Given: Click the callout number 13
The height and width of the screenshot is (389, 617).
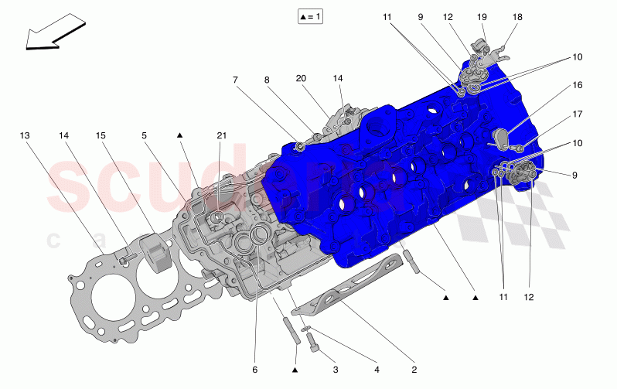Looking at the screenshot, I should point(26,135).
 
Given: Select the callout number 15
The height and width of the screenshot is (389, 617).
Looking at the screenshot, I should point(101,135).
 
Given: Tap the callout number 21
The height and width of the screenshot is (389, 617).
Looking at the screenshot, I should point(222,135).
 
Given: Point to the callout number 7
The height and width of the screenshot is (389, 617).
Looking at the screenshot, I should point(236,80).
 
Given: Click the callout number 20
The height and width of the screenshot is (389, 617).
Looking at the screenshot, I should point(302,80).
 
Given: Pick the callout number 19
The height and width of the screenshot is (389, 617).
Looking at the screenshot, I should point(482,16).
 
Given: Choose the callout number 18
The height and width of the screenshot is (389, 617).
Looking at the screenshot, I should point(517,16).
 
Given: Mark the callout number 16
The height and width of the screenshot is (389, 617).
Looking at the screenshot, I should point(577,86).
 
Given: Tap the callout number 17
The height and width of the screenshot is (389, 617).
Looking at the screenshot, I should point(577,114).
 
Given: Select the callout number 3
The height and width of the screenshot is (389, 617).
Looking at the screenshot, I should point(336,370).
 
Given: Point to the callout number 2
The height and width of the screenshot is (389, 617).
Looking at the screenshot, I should point(414,370).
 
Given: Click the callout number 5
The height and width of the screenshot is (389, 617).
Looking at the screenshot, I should point(144,135).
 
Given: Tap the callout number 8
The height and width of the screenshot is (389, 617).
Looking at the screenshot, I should point(267,80).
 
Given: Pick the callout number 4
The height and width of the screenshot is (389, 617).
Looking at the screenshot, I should point(377,370).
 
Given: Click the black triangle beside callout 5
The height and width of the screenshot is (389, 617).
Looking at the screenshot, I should point(179,135).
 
